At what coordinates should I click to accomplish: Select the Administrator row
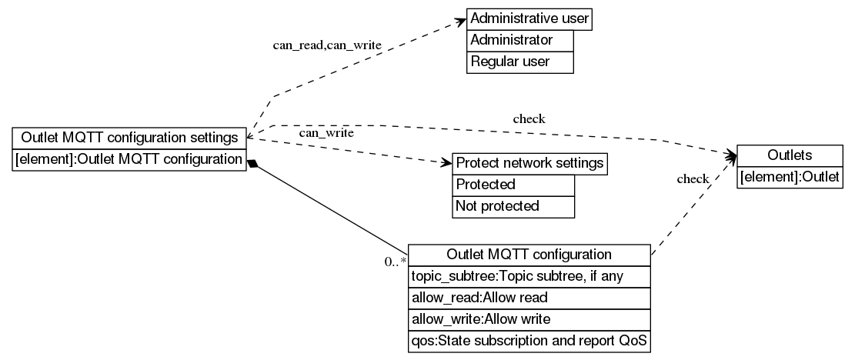[x=520, y=40]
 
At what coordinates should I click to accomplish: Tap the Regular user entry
[x=520, y=62]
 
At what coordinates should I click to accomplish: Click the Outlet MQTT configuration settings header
[x=129, y=138]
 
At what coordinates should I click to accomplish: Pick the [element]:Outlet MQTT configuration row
[x=129, y=160]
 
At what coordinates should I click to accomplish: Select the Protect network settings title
[x=529, y=164]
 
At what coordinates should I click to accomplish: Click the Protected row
[x=513, y=185]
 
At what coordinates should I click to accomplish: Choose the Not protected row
[x=513, y=206]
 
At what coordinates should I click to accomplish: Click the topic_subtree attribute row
[x=529, y=276]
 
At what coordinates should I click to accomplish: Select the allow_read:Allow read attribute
[x=529, y=297]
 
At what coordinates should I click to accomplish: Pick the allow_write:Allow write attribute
[x=529, y=318]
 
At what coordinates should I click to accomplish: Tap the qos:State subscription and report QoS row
[x=529, y=340]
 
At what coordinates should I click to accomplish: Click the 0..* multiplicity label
[x=395, y=262]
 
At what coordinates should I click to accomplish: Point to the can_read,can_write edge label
[x=327, y=45]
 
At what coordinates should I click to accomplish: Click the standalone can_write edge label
[x=326, y=133]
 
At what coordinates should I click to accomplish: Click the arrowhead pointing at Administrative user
[x=459, y=19]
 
